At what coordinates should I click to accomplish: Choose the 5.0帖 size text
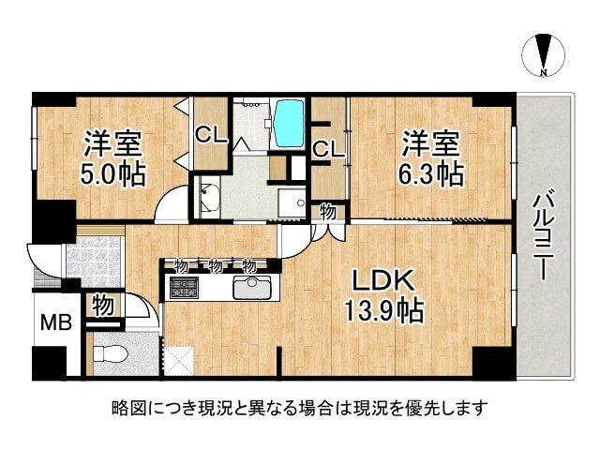pyautogui.click(x=112, y=174)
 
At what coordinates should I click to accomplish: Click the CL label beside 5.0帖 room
pyautogui.click(x=211, y=134)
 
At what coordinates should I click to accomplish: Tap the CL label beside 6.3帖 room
pyautogui.click(x=327, y=148)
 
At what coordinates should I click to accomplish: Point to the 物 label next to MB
pyautogui.click(x=103, y=306)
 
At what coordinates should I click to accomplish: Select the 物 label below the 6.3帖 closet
pyautogui.click(x=327, y=212)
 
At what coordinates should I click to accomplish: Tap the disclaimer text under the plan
pyautogui.click(x=299, y=409)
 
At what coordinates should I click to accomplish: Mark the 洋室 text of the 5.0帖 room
pyautogui.click(x=112, y=144)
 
